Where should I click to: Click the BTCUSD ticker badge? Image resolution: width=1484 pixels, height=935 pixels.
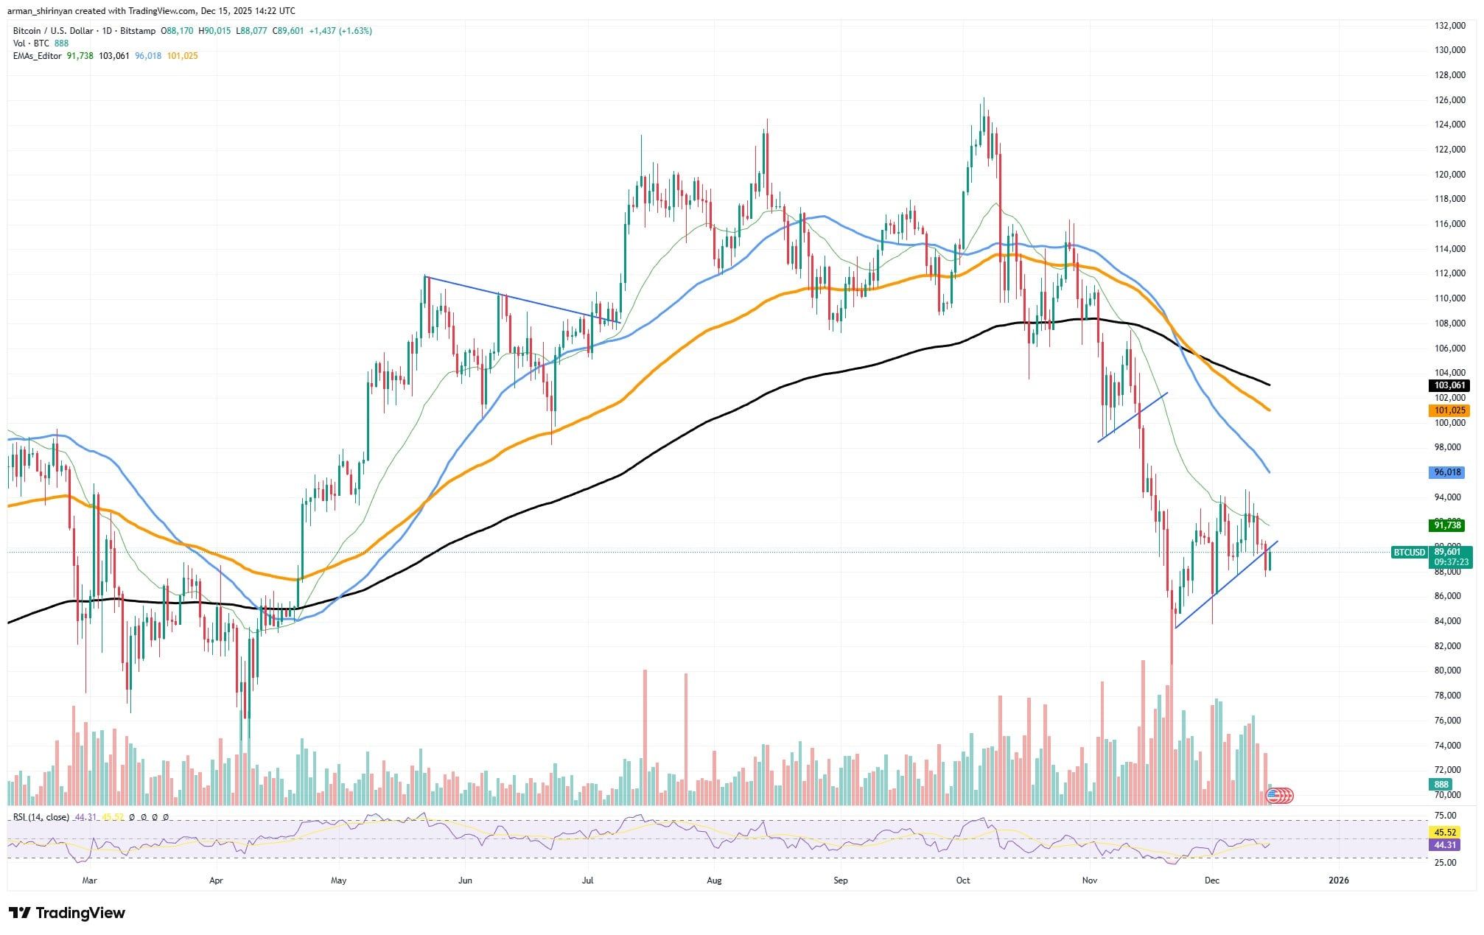tap(1407, 552)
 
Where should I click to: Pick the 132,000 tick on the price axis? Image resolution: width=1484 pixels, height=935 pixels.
tap(1449, 26)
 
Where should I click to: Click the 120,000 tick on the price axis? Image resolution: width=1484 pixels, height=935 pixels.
tap(1449, 175)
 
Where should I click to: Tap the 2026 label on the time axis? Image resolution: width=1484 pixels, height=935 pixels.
tap(1338, 880)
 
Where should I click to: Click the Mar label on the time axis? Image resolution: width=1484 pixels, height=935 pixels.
tap(90, 880)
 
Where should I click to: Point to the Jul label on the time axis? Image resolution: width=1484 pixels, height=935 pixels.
tap(588, 880)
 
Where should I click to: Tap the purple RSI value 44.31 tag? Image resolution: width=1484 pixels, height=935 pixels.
tap(1443, 845)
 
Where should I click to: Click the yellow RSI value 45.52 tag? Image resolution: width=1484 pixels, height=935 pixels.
tap(1443, 832)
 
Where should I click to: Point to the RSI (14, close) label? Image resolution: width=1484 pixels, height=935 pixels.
tap(41, 817)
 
